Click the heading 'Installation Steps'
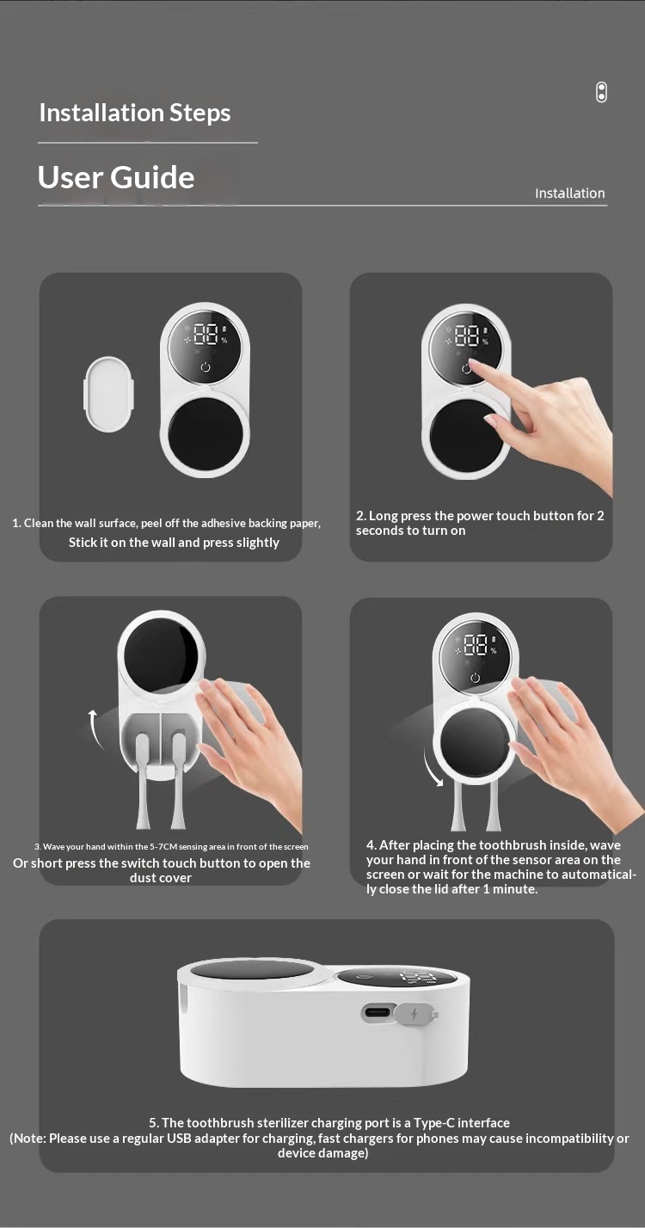135,113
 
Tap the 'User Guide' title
116,177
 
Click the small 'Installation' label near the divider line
570,193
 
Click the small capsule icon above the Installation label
601,92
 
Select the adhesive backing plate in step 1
109,394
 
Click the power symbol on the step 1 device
206,366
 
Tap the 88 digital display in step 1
206,334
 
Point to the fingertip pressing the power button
473,363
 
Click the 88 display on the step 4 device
476,645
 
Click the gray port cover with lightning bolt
416,1014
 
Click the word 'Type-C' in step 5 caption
434,1123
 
